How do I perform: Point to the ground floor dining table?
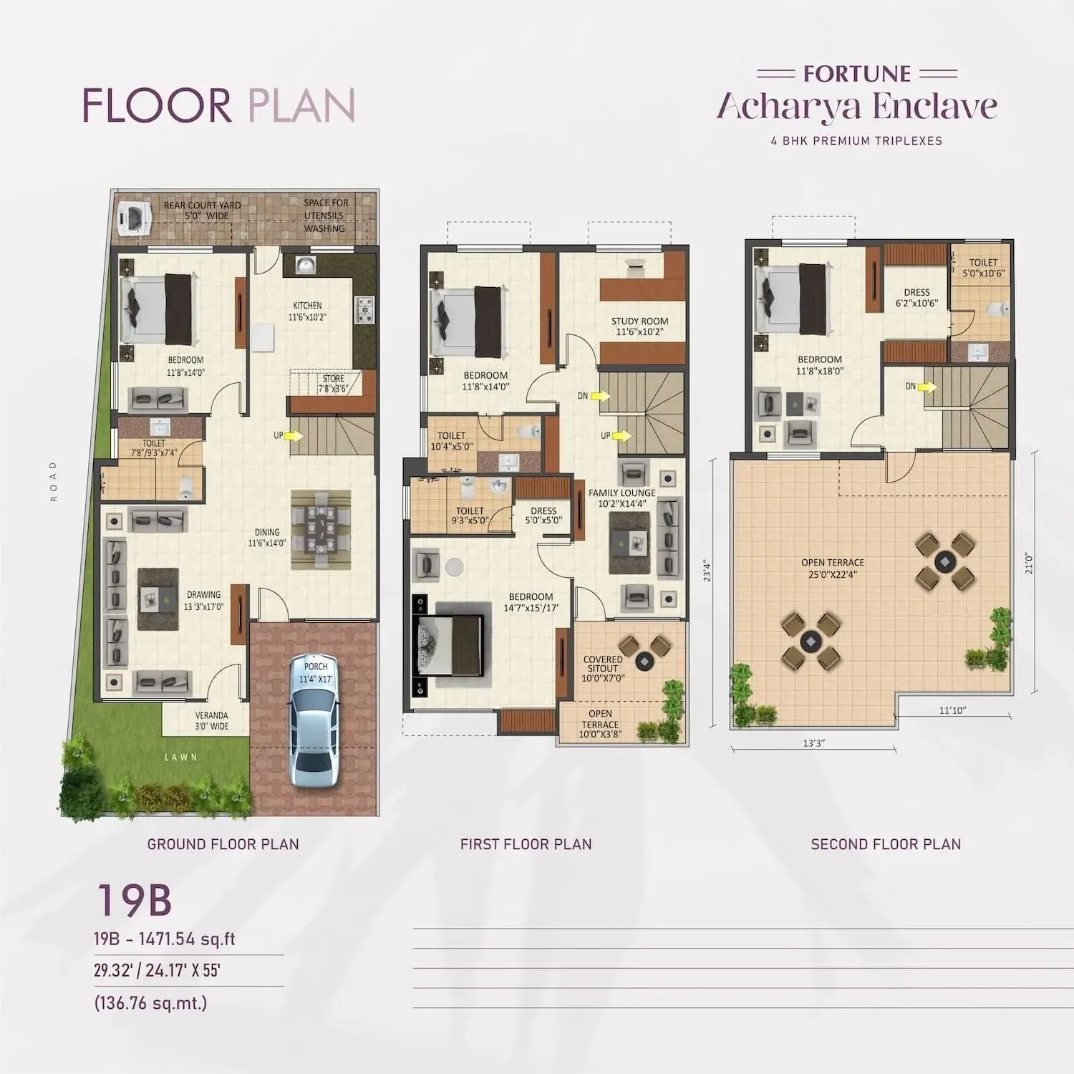tap(321, 529)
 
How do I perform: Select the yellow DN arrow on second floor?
tap(927, 387)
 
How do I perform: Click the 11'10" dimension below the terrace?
tap(952, 710)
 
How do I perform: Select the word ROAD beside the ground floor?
tap(53, 480)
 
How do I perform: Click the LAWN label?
tap(180, 757)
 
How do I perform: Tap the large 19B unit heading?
tap(134, 900)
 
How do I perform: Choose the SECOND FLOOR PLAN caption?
tap(886, 844)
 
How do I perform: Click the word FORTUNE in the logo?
tap(856, 74)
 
